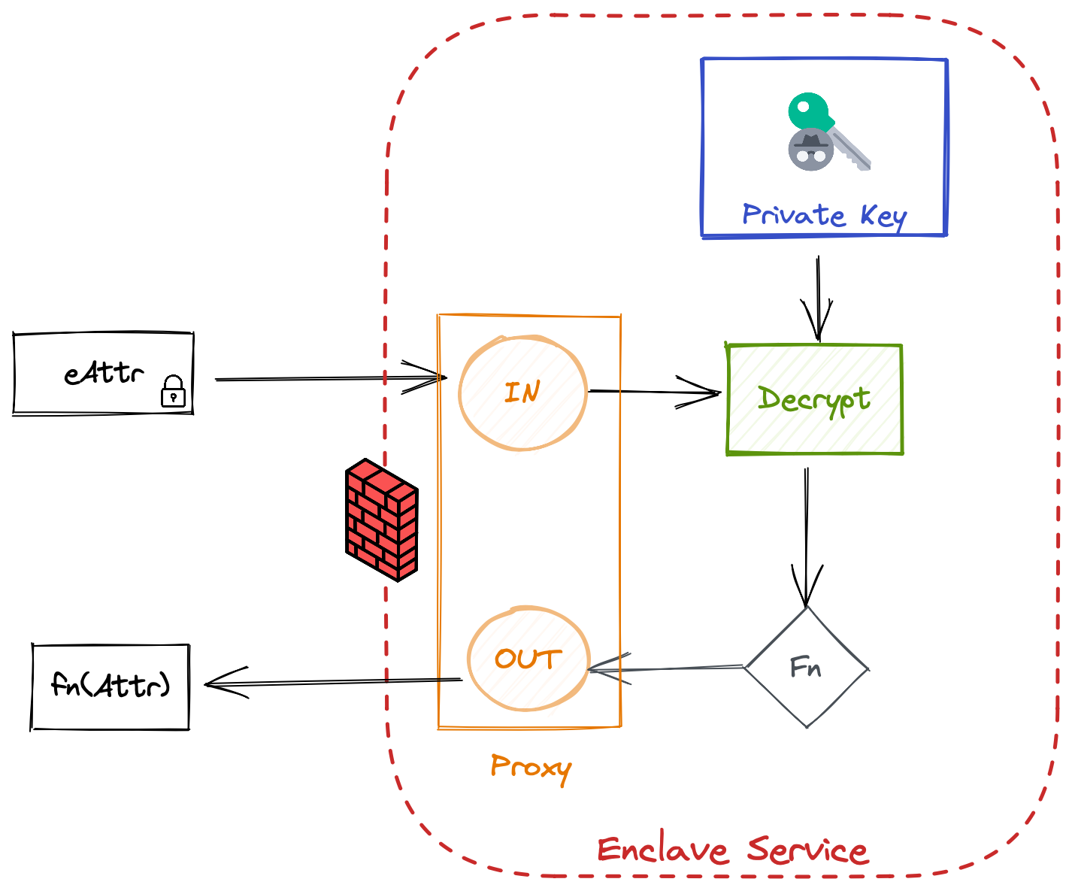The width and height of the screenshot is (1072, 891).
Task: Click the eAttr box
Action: [x=103, y=374]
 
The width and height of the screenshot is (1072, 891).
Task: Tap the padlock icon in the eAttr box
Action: [x=174, y=392]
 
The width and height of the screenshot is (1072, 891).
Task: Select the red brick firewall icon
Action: [x=381, y=520]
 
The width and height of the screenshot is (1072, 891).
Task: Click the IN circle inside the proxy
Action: [x=523, y=393]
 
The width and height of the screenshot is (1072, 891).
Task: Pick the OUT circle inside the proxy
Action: [x=528, y=659]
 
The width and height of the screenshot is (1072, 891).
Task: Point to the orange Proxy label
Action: [x=531, y=768]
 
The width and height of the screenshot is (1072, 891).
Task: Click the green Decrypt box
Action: [x=815, y=400]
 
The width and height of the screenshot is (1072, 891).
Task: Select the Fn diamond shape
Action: [x=807, y=668]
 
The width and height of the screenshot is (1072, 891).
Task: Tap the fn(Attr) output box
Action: [x=111, y=686]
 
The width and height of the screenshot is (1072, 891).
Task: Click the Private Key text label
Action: [x=825, y=216]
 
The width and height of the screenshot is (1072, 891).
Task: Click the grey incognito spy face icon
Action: [x=811, y=149]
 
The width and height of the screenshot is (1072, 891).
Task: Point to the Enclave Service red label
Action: [x=733, y=850]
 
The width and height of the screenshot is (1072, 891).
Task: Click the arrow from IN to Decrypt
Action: [x=654, y=392]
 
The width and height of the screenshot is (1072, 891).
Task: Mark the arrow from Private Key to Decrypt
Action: [x=818, y=297]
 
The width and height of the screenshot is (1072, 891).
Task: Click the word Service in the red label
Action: [x=808, y=850]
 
